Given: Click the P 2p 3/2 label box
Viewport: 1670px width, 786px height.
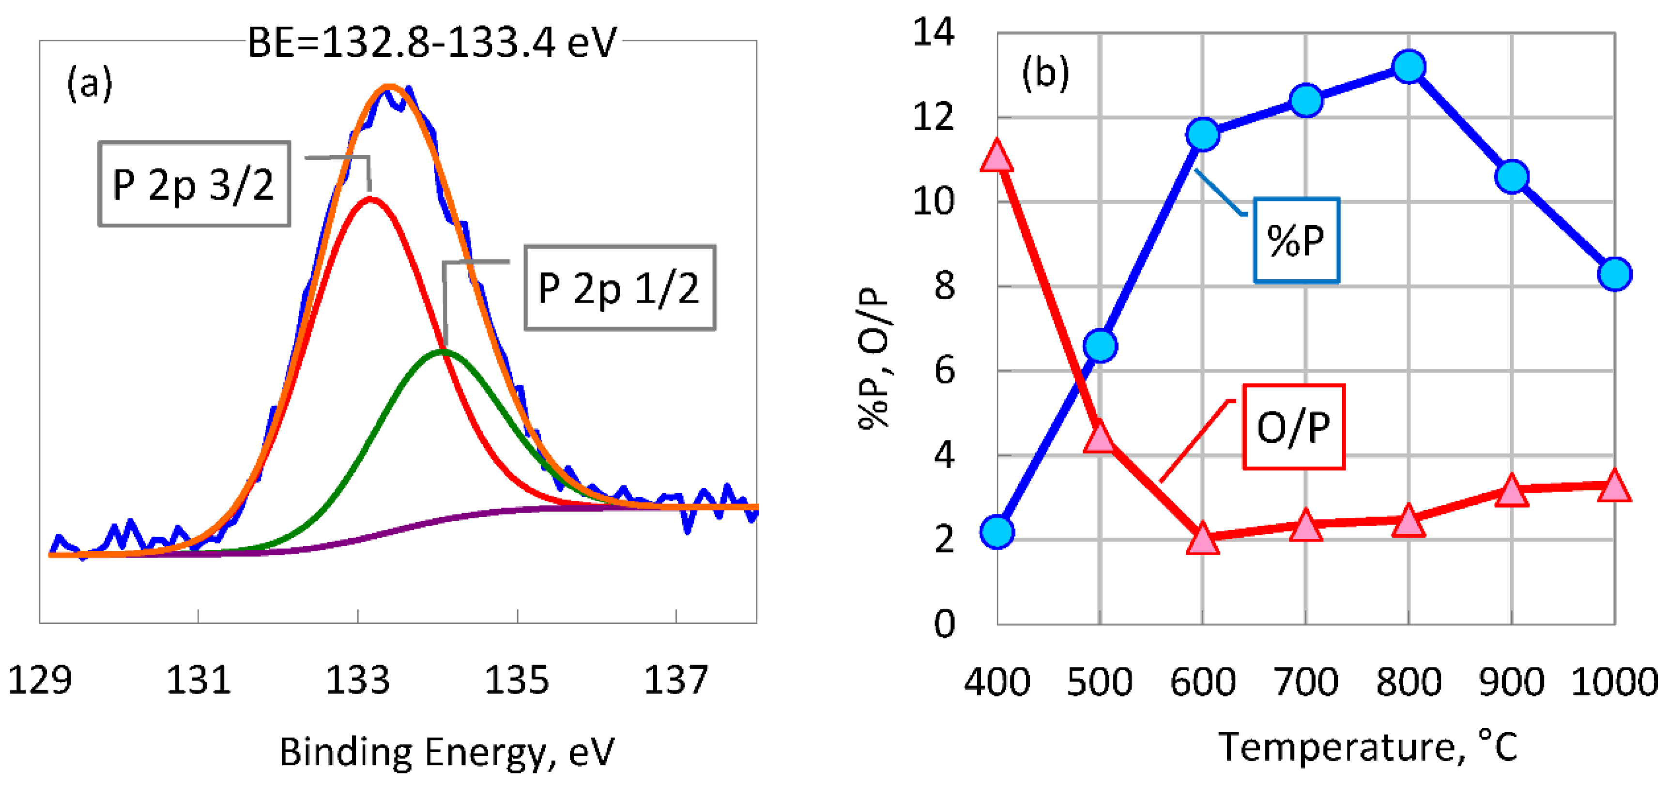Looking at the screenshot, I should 194,184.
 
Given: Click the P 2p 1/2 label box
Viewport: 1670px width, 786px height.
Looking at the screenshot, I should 619,287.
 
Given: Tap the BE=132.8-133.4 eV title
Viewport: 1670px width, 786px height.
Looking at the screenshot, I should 432,43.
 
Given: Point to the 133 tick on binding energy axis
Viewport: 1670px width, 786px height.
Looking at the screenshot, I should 358,680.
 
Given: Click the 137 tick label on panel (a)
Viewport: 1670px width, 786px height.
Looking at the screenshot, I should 675,680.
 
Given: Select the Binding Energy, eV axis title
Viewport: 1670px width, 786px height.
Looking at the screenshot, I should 447,752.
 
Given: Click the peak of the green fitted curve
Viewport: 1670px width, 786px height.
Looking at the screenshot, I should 442,351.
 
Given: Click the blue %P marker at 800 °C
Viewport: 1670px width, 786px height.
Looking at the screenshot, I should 1409,67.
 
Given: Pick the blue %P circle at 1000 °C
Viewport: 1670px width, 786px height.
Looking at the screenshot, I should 1614,274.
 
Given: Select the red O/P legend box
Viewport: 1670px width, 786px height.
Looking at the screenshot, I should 1293,426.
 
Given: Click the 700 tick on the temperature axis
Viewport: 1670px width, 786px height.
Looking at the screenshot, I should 1306,681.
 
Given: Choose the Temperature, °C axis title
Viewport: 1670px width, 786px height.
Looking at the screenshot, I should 1368,747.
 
